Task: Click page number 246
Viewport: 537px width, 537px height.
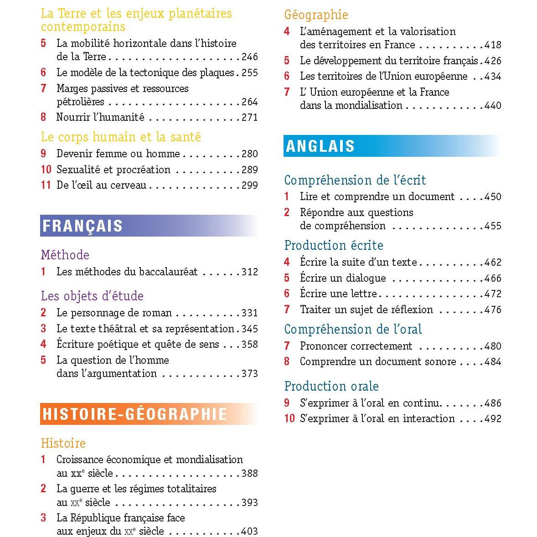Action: (249, 57)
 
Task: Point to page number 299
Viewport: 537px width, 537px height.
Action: (249, 185)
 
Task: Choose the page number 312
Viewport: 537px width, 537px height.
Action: (249, 272)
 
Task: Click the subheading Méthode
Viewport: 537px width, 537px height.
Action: (65, 255)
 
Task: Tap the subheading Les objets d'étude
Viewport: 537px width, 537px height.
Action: (92, 296)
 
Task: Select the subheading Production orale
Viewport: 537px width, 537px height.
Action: (331, 387)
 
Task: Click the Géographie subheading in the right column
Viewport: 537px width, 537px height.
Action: (316, 15)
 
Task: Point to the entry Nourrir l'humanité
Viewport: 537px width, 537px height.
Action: (100, 118)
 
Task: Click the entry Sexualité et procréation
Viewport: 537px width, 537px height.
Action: (113, 170)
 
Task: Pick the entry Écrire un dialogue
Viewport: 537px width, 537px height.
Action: (343, 278)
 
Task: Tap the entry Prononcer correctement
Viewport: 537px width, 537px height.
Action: (356, 346)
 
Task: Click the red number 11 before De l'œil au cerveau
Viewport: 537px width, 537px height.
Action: (45, 185)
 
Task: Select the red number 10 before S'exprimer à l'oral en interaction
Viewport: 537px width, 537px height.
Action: (289, 418)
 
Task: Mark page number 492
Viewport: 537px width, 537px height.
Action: (493, 419)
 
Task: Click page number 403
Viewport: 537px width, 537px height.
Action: (249, 532)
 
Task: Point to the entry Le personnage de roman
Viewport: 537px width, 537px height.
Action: (114, 313)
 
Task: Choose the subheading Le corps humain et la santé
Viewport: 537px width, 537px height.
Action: (121, 137)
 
